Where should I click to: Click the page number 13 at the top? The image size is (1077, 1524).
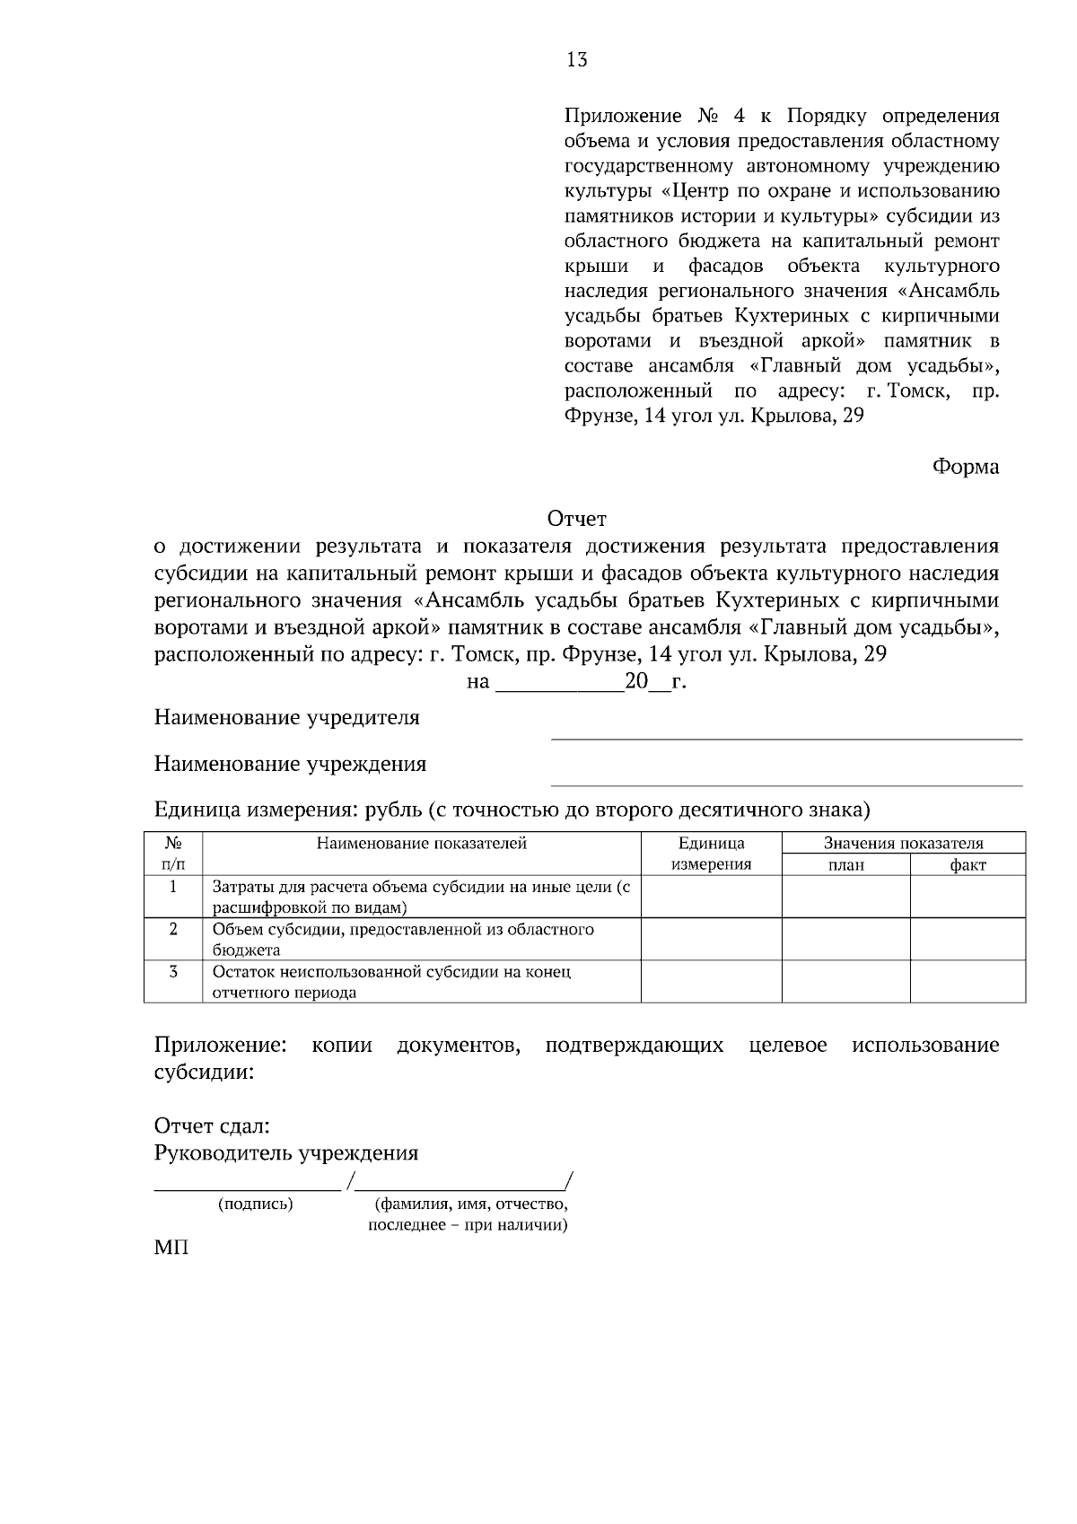(x=576, y=60)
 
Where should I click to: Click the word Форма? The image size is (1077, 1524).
(x=965, y=467)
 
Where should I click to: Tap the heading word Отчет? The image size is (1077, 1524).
(x=576, y=519)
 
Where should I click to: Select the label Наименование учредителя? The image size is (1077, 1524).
(x=286, y=718)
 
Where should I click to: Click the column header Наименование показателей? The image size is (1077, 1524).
(x=421, y=844)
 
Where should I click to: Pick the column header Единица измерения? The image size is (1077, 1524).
(x=711, y=854)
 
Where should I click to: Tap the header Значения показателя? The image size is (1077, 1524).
(x=903, y=844)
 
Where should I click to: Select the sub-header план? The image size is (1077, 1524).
(x=845, y=865)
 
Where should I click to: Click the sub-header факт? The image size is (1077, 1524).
(x=968, y=865)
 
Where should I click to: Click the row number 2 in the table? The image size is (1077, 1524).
(x=173, y=929)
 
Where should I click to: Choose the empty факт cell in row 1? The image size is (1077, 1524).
(x=968, y=897)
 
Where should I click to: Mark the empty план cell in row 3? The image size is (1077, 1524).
(x=845, y=982)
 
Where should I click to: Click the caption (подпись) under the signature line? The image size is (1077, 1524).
(x=256, y=1204)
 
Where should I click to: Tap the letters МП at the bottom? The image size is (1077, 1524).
(x=171, y=1248)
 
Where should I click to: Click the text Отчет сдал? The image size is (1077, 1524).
(x=212, y=1126)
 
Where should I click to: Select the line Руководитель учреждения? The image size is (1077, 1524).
(x=286, y=1153)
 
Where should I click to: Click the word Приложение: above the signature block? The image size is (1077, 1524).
(x=220, y=1046)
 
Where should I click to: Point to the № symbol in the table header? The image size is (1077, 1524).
(x=173, y=844)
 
